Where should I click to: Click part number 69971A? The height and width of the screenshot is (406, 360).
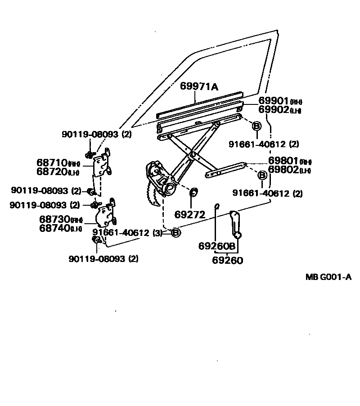pyautogui.click(x=199, y=86)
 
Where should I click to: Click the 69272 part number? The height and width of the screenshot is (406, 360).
pyautogui.click(x=190, y=215)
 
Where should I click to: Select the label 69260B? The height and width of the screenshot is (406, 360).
pyautogui.click(x=217, y=246)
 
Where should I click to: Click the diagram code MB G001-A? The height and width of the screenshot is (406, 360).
pyautogui.click(x=328, y=277)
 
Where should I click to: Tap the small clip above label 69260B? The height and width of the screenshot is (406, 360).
pyautogui.click(x=217, y=207)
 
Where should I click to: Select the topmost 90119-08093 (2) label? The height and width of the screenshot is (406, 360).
pyautogui.click(x=96, y=134)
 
